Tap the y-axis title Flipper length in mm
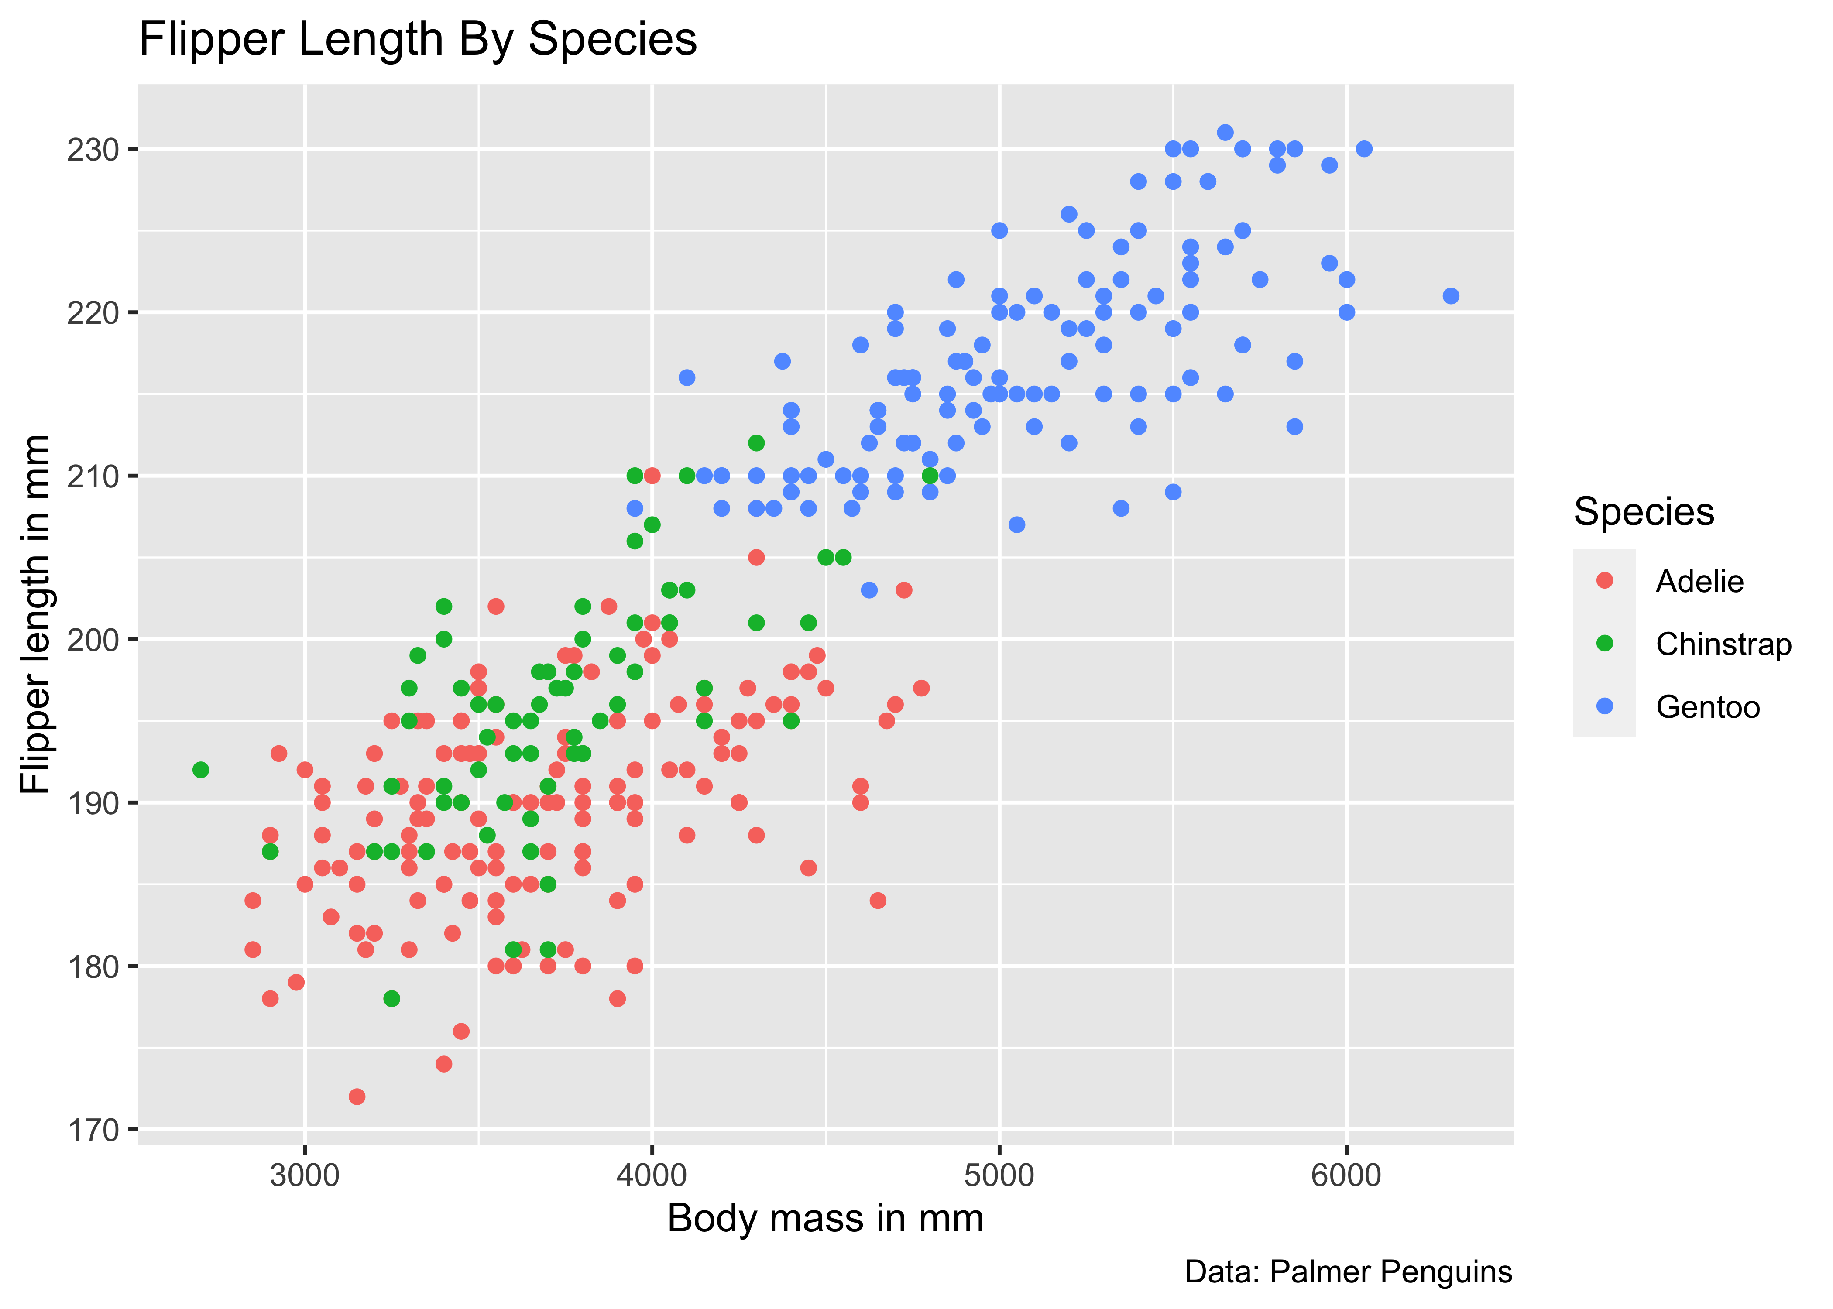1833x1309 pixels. (35, 614)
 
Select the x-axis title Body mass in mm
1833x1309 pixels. (825, 1218)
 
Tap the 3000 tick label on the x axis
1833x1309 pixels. (305, 1175)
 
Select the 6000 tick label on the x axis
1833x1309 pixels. (1346, 1175)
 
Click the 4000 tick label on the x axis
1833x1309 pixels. (652, 1175)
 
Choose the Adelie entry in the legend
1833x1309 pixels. (1699, 581)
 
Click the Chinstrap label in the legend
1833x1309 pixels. (1723, 644)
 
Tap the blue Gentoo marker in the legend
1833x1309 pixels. (1605, 706)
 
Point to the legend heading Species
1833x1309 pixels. (1644, 512)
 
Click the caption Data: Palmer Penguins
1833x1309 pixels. (1348, 1272)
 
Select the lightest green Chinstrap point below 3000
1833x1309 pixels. (201, 770)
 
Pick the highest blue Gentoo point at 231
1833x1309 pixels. (1225, 132)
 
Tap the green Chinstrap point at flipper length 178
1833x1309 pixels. (392, 999)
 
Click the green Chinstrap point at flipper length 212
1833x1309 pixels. (756, 442)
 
